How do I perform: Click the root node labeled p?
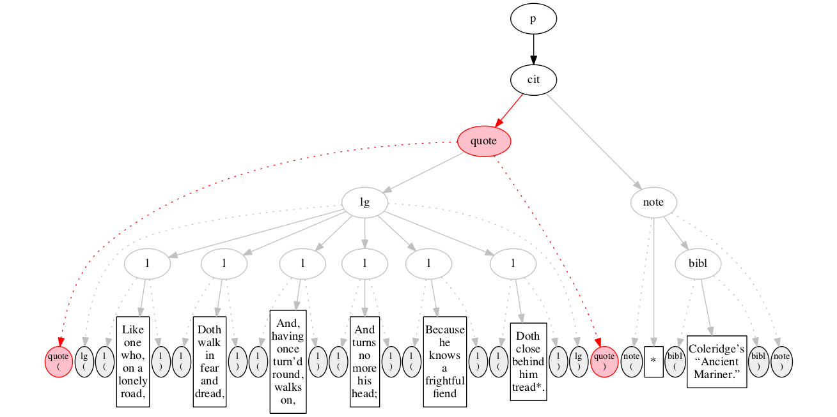(533, 20)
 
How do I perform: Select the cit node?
(533, 80)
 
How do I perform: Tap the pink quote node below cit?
(484, 141)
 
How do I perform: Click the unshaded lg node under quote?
(364, 202)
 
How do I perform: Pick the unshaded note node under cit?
(653, 202)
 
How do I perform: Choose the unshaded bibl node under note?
(699, 262)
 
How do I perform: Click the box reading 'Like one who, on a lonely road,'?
(132, 361)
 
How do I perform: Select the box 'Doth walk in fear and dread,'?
(210, 361)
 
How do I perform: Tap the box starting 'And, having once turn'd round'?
(287, 361)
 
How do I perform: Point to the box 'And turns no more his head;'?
(364, 361)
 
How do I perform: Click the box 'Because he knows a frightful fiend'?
(444, 361)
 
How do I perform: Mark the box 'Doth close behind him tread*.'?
(528, 361)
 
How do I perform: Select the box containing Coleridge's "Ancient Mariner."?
(717, 361)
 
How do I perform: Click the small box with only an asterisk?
(653, 361)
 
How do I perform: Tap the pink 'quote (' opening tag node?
(58, 361)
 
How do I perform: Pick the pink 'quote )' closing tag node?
(603, 361)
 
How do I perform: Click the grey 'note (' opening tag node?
(632, 361)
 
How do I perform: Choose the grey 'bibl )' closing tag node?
(758, 361)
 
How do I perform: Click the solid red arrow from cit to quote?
(510, 109)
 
